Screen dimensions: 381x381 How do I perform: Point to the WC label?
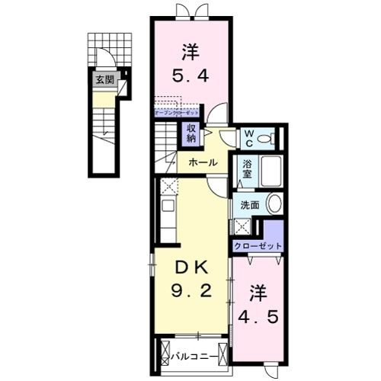[x=247, y=139]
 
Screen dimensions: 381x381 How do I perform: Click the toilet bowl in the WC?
[x=264, y=139]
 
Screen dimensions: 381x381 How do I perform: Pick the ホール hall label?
[x=202, y=162]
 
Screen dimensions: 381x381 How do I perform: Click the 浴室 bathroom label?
[x=247, y=167]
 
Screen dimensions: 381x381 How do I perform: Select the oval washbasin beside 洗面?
[x=274, y=202]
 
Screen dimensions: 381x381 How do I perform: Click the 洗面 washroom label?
[x=250, y=204]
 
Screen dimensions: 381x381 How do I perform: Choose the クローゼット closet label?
[x=258, y=246]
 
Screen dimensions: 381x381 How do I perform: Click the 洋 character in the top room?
[x=190, y=53]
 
